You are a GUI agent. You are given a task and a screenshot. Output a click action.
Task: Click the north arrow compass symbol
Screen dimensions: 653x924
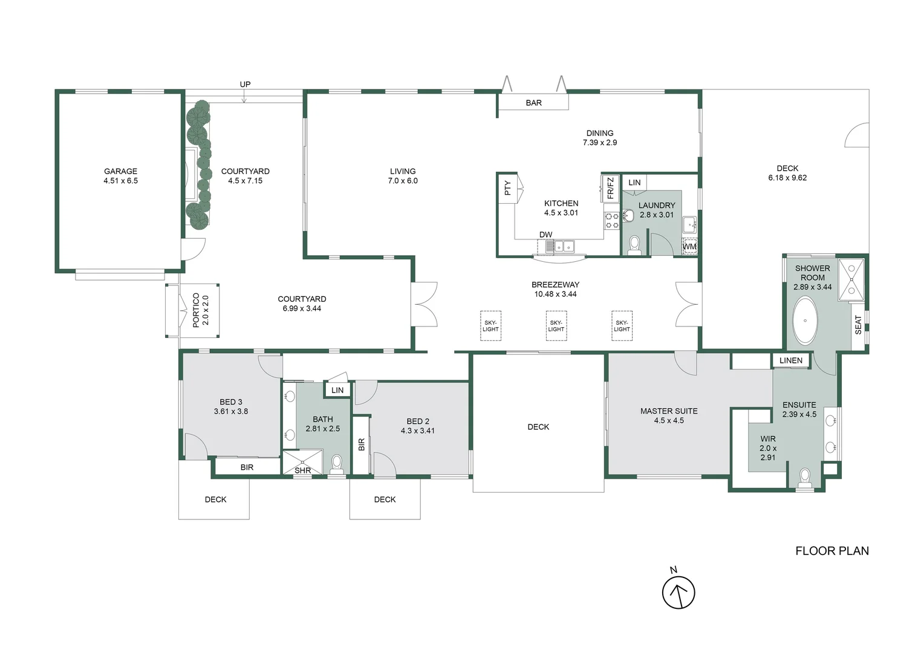click(x=678, y=593)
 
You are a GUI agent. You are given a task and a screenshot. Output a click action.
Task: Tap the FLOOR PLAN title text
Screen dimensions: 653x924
click(x=831, y=551)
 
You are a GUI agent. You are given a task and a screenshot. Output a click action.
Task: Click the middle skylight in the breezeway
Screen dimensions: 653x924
click(x=556, y=326)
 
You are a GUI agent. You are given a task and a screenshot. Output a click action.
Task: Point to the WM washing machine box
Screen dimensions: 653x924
click(x=689, y=247)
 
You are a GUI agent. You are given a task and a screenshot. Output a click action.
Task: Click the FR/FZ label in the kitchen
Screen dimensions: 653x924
click(x=610, y=188)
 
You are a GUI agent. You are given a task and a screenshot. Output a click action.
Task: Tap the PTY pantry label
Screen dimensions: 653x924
click(x=507, y=188)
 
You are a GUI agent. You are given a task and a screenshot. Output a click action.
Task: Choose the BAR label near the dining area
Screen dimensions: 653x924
click(x=533, y=103)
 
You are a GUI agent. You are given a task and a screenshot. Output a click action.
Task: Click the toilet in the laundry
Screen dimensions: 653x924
click(x=634, y=244)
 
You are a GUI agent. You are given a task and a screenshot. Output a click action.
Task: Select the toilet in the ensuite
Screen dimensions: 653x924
click(x=805, y=478)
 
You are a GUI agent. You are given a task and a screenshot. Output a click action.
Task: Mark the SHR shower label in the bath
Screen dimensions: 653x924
click(x=302, y=470)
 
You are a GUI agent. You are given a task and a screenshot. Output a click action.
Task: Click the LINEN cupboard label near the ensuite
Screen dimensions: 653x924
click(x=790, y=360)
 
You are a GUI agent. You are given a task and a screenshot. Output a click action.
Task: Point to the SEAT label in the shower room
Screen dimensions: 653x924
click(x=857, y=325)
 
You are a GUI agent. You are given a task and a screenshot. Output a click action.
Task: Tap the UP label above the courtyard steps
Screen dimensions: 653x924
click(x=245, y=84)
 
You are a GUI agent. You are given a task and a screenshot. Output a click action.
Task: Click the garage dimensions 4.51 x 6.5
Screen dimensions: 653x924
click(x=120, y=181)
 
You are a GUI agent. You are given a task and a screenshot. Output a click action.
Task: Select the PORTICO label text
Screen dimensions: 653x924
click(x=196, y=310)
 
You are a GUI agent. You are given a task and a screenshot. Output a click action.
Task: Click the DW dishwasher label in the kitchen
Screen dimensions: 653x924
click(x=545, y=235)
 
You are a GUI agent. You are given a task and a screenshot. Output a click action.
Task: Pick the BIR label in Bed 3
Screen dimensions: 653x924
click(x=247, y=467)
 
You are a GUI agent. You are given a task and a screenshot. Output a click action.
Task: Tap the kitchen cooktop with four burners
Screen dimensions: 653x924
click(x=611, y=220)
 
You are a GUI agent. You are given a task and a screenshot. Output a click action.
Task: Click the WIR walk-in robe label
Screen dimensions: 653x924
click(x=768, y=439)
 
